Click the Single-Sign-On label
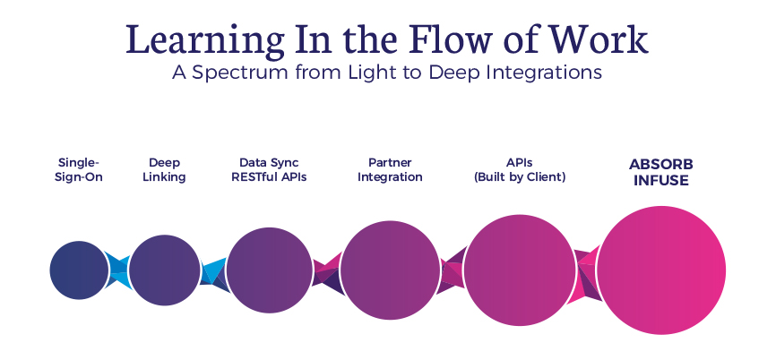(79, 169)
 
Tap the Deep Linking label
(164, 169)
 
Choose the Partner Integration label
(390, 169)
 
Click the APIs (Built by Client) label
(520, 169)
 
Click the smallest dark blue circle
(79, 270)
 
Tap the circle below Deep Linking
(165, 270)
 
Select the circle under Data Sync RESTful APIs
(270, 270)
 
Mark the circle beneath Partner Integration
(392, 270)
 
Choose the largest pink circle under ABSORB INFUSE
(661, 270)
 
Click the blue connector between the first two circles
(118, 270)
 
